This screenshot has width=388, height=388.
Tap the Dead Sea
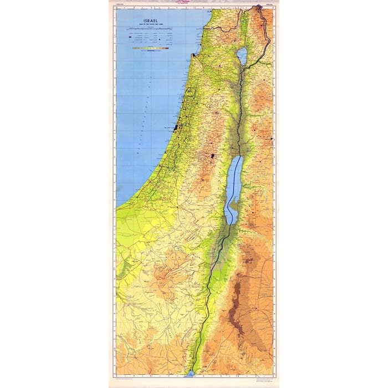(x=234, y=183)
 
